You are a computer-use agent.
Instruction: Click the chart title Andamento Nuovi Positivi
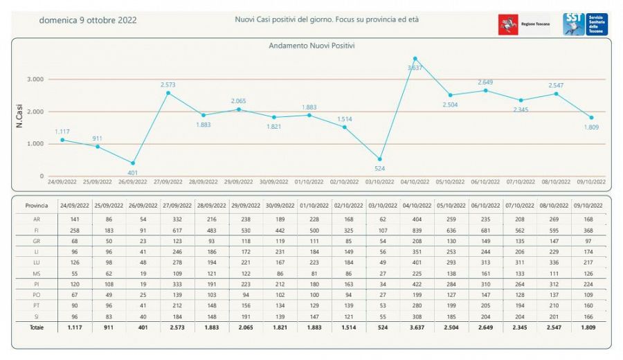tap(311, 46)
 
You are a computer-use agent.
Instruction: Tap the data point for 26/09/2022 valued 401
tap(132, 163)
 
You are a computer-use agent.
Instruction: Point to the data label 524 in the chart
tap(379, 169)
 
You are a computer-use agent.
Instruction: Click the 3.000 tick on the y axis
tap(35, 80)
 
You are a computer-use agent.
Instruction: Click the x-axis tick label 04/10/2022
tap(415, 181)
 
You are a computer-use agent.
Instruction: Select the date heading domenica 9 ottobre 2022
tap(88, 20)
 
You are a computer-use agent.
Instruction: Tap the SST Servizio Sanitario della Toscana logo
tap(585, 24)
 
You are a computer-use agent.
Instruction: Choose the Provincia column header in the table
tap(37, 206)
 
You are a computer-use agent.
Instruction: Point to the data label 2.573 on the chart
tap(168, 84)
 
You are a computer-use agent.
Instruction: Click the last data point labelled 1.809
tap(590, 118)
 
